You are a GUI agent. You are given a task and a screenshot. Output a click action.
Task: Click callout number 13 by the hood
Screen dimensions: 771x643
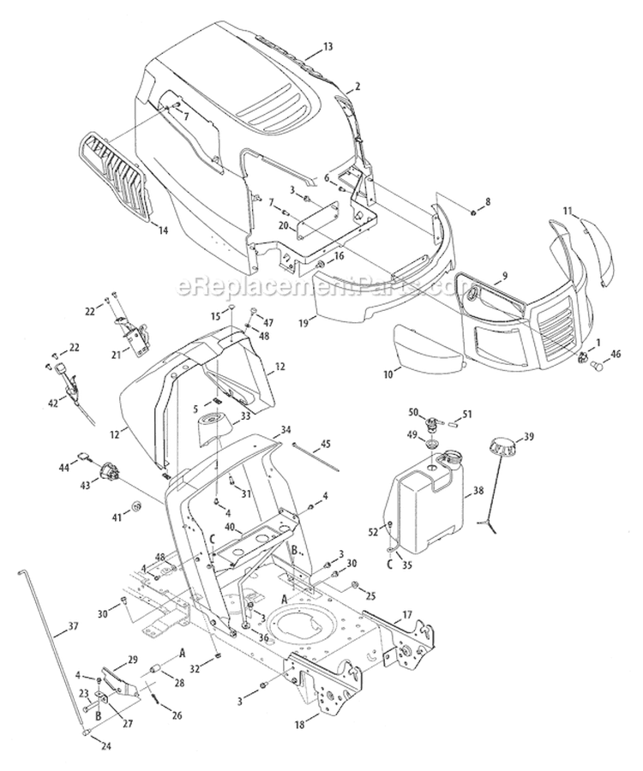[328, 45]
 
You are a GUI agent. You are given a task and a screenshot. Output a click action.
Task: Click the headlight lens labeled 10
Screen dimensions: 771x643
[426, 347]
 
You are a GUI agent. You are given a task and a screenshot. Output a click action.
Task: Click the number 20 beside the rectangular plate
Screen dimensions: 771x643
[283, 225]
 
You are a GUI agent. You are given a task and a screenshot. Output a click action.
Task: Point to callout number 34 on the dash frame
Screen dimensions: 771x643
[285, 429]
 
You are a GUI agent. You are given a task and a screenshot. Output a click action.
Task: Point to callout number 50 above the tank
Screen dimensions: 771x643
[412, 413]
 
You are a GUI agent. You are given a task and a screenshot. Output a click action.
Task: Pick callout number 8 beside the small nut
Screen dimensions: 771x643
[488, 202]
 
